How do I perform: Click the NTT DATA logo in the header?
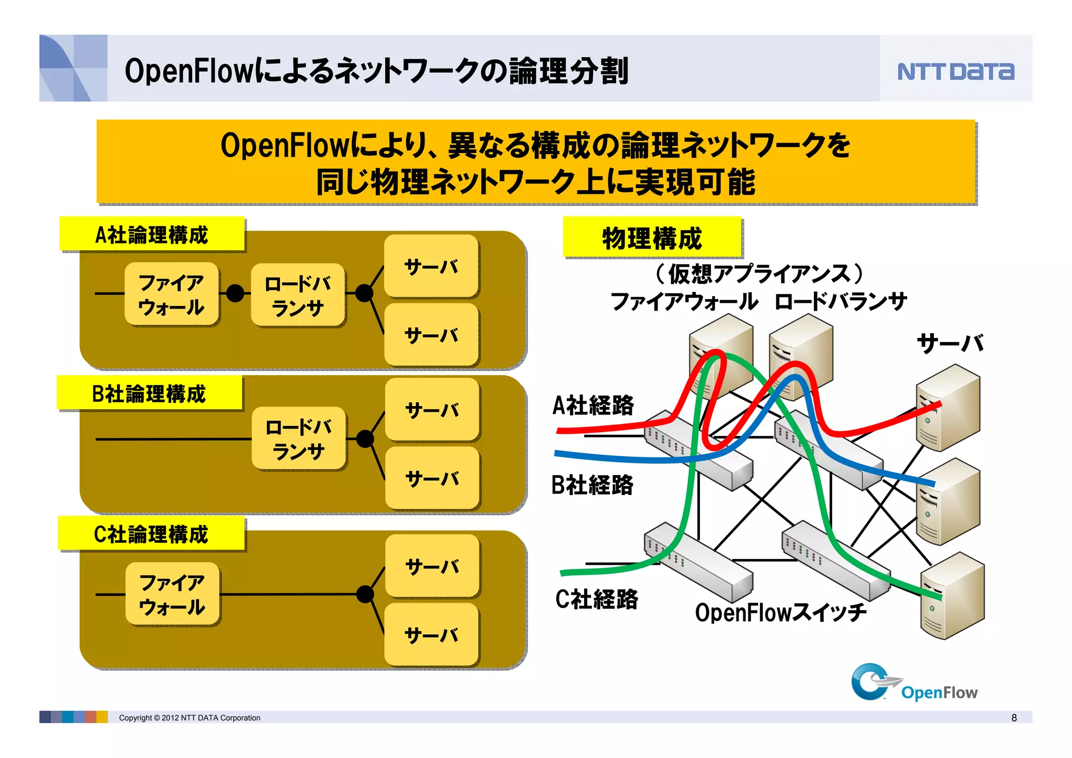955,71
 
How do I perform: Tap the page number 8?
1014,718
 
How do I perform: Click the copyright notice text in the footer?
189,718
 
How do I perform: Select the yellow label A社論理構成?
152,234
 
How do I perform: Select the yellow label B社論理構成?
150,393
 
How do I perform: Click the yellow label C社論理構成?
151,534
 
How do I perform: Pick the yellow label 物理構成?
652,238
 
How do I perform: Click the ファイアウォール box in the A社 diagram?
172,294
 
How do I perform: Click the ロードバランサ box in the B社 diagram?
298,438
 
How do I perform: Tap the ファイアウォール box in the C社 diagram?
172,594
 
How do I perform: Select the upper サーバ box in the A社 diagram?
431,266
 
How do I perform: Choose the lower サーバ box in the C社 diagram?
432,635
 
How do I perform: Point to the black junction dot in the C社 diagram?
365,594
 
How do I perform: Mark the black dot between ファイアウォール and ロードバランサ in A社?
235,293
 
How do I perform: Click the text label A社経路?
593,405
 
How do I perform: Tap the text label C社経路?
596,599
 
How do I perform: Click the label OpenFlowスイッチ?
780,612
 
